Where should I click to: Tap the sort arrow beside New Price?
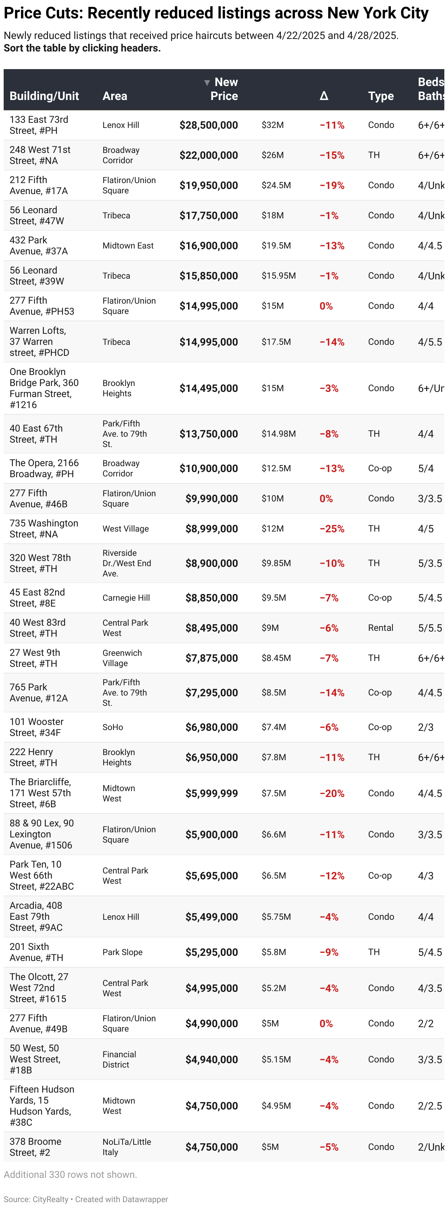pyautogui.click(x=207, y=83)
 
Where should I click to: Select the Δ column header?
pyautogui.click(x=324, y=96)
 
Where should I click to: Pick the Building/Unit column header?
pyautogui.click(x=44, y=96)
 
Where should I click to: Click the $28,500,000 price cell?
pyautogui.click(x=209, y=125)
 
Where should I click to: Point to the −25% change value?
pyautogui.click(x=332, y=529)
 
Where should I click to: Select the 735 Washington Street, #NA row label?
pyautogui.click(x=44, y=529)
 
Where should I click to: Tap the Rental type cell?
pyautogui.click(x=380, y=628)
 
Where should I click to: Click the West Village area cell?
pyautogui.click(x=126, y=529)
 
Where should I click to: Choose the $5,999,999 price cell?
pyautogui.click(x=212, y=793)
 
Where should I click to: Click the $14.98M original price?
pyautogui.click(x=278, y=434)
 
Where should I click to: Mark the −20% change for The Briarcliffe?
pyautogui.click(x=332, y=793)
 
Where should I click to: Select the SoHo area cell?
pyautogui.click(x=113, y=727)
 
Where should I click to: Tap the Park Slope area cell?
pyautogui.click(x=122, y=953)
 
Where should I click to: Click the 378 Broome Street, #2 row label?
pyautogui.click(x=35, y=1147)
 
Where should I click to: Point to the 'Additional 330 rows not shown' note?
pyautogui.click(x=70, y=1175)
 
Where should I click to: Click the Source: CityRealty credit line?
pyautogui.click(x=86, y=1199)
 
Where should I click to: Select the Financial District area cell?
pyautogui.click(x=119, y=1059)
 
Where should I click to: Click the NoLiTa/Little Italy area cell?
pyautogui.click(x=127, y=1147)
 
